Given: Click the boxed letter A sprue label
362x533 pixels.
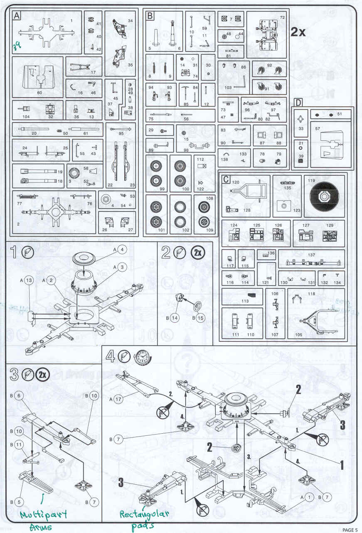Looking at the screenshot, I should tap(17, 16).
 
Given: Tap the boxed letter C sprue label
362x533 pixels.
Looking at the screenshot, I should tap(225, 179).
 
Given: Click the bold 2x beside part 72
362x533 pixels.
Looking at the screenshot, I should tap(298, 32).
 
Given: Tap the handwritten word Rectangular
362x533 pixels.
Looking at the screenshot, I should tap(144, 514).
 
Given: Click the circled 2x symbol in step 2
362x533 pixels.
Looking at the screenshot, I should tap(197, 252).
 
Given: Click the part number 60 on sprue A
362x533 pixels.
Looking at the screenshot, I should tap(39, 92).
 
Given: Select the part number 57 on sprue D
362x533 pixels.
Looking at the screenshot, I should tap(318, 129).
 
